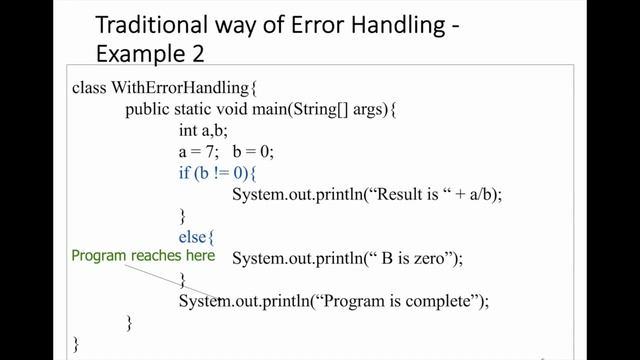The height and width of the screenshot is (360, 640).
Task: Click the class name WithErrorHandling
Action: point(171,87)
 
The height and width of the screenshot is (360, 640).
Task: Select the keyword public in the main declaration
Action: point(147,109)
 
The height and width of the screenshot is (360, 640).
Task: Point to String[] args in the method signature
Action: point(343,109)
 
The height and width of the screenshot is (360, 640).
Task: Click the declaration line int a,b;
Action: point(204,130)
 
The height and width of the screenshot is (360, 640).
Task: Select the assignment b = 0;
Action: point(253,152)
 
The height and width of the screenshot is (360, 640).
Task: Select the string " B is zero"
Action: point(411,259)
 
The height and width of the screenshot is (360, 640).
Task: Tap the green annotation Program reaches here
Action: point(143,256)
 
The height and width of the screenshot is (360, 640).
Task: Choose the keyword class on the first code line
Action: point(89,87)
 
